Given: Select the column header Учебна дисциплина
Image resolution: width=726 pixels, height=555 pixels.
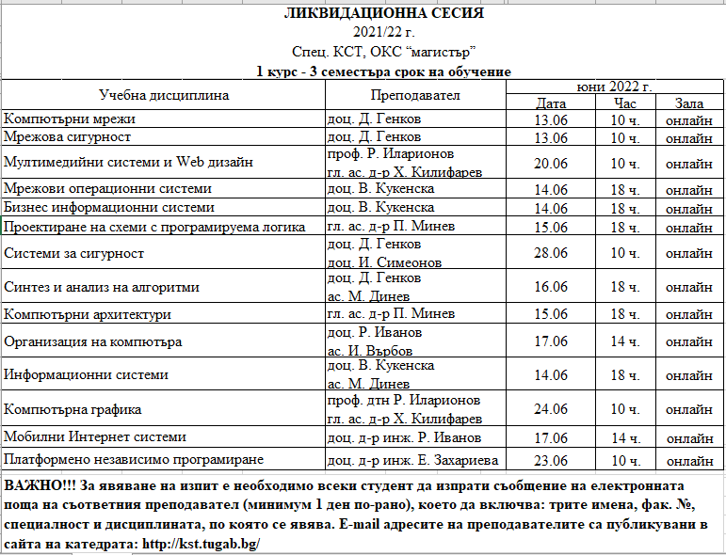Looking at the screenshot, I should coord(164,95).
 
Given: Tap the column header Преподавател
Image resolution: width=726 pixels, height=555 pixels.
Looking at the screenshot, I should coord(414,95).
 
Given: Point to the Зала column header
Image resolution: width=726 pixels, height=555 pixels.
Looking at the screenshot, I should coord(687,103).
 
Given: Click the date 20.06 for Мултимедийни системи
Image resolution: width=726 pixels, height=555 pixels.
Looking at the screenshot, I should coord(550,163).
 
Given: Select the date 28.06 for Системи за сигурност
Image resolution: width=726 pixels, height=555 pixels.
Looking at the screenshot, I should coord(550,253).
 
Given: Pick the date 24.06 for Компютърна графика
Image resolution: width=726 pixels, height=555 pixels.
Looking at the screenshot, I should coord(550,409).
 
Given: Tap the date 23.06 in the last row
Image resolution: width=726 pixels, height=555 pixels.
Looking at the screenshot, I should coord(550,460).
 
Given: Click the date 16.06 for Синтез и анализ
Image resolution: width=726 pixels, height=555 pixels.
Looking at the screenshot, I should coord(550,287).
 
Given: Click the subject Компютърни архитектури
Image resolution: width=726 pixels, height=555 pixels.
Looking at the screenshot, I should coord(88,313).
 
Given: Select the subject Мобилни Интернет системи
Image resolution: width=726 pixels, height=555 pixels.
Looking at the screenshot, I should coord(95,436).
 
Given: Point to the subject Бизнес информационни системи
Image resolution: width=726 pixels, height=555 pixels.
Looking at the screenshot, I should coord(109,207).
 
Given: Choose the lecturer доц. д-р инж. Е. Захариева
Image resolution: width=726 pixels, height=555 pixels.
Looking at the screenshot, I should coord(411,460).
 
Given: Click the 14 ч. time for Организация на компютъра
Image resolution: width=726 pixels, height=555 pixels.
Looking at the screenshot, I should coord(624,341).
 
